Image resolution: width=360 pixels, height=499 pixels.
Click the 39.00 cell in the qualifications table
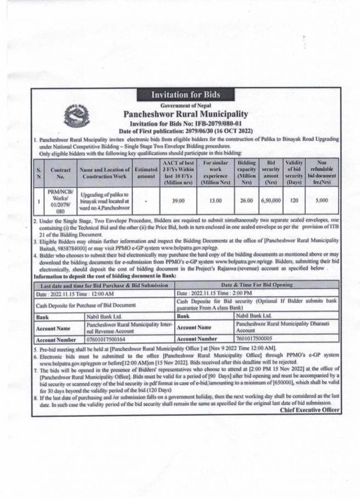tap(178, 201)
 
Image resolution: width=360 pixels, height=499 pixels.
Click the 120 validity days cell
tap(294, 201)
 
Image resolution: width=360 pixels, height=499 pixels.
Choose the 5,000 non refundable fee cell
tap(322, 201)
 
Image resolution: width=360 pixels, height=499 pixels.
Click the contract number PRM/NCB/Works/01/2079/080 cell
tap(60, 201)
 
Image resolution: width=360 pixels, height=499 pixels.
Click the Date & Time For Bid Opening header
tap(257, 285)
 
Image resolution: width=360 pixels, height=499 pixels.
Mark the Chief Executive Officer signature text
tap(310, 410)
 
